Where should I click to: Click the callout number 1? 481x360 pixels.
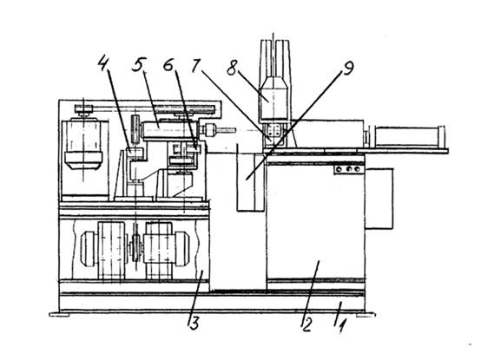tap(342, 326)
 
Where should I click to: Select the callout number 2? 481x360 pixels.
tap(306, 324)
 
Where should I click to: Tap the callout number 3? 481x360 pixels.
tap(194, 323)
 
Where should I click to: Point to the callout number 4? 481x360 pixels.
tap(104, 62)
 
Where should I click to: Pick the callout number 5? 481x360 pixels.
tap(139, 63)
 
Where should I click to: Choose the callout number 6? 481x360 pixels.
tap(168, 64)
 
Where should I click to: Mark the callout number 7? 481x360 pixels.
tap(196, 65)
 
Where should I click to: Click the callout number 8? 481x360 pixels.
tap(232, 68)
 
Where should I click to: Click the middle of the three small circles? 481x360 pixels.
tap(348, 169)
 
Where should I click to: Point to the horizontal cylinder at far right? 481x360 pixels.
tap(409, 135)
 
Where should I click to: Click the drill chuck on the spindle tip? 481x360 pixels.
tap(209, 129)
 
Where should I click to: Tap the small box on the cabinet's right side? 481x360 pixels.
tap(379, 199)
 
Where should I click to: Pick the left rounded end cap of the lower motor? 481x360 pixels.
tap(89, 248)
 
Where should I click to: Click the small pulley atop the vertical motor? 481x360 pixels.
tap(83, 109)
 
